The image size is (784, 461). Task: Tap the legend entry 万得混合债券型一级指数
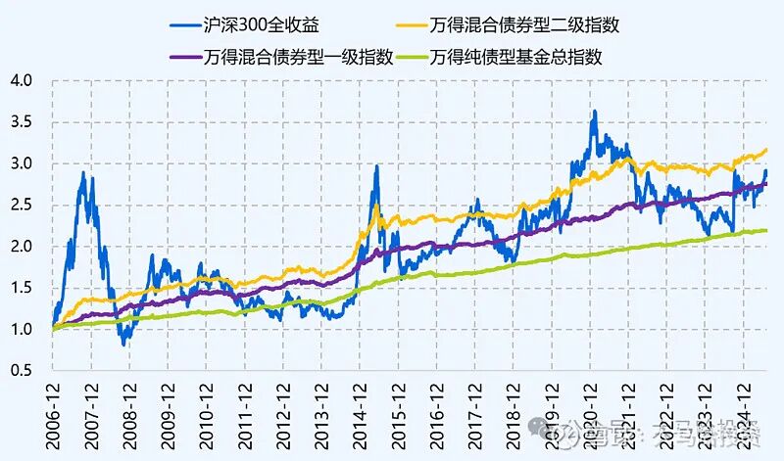tap(299, 56)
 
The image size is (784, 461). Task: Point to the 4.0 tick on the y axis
tap(23, 80)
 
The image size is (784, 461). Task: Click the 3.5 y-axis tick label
tap(23, 121)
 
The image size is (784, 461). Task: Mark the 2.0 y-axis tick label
tap(23, 247)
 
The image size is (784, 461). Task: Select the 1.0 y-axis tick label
tap(23, 330)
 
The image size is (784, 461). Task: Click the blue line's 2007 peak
tap(82, 172)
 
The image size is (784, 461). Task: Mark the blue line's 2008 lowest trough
tap(123, 345)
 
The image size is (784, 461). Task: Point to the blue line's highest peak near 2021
tap(594, 112)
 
